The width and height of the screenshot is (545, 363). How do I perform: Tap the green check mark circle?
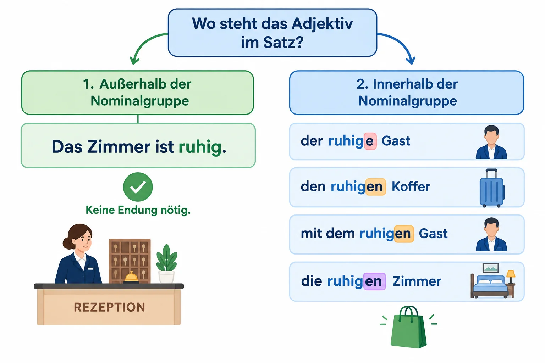coord(138,187)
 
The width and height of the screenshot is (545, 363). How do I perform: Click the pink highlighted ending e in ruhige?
coord(370,141)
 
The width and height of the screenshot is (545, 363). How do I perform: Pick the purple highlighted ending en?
coord(374,281)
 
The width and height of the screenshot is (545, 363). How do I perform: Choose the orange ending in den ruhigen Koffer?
coord(375,187)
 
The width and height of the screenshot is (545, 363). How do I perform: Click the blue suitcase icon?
coord(492,188)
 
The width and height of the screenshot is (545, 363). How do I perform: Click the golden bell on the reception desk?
coord(131,278)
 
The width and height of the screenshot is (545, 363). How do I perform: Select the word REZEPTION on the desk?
coord(110,307)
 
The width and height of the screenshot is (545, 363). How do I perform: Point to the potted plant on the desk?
coord(167,264)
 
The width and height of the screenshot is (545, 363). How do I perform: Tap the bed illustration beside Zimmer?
coord(490,284)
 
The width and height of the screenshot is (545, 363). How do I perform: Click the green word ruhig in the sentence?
coord(200,147)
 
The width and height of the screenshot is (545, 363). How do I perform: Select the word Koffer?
coord(411,187)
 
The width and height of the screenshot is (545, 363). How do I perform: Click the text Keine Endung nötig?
coord(138,210)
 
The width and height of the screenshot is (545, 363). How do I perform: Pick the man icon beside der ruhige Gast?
coord(491,142)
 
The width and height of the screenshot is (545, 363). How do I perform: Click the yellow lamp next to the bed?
coord(511,277)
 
